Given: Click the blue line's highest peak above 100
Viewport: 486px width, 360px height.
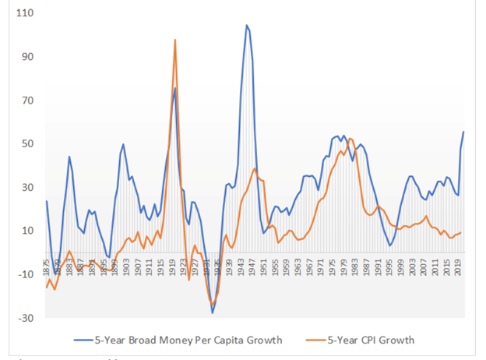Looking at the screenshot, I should pos(247,25).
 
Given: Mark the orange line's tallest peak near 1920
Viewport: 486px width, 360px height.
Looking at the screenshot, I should pos(175,40).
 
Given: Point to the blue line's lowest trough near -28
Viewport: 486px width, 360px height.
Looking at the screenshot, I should pos(212,313).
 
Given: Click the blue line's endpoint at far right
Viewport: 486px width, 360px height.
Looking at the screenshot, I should pos(464,132).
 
